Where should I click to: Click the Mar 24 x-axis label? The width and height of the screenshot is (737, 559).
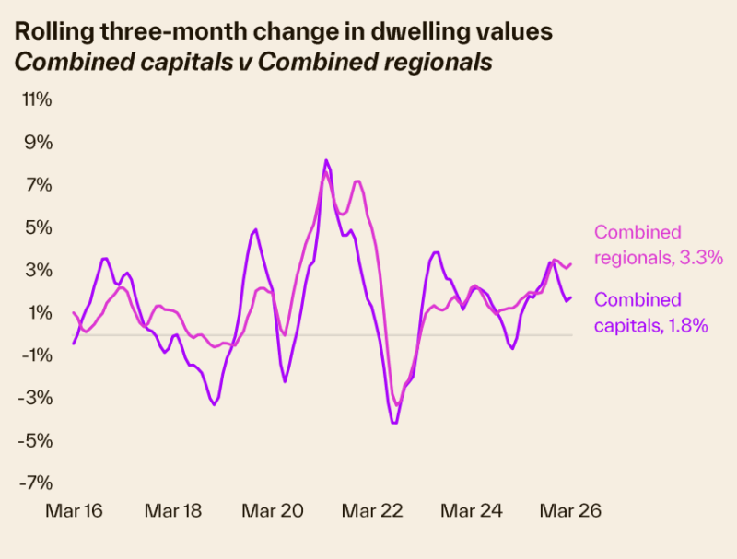469,511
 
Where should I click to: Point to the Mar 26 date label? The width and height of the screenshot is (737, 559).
569,511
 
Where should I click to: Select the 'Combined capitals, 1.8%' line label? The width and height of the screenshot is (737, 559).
650,312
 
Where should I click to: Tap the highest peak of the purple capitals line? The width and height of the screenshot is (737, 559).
326,160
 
